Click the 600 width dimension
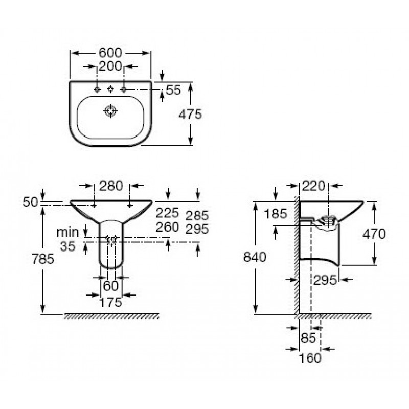coord(110,53)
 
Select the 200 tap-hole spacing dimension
coord(110,66)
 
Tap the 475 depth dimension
coord(190,114)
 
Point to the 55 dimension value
coord(173,90)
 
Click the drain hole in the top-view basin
coord(110,111)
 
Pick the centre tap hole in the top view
coord(110,89)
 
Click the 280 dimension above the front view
coord(111,186)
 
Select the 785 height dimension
coord(43,259)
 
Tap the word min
coord(67,232)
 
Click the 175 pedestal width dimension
coord(111,302)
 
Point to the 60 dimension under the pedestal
coord(111,286)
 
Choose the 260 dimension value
coord(168,227)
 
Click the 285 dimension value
coord(197,215)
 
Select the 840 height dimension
coord(255,257)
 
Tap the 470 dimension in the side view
coord(374,234)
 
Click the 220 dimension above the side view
coord(314,186)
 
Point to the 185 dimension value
coord(276,214)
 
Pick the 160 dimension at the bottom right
coord(310,358)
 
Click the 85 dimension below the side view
coord(308,338)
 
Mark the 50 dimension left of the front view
coord(31,202)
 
